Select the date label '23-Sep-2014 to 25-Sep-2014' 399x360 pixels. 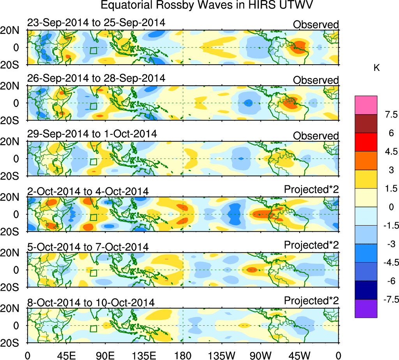point(96,23)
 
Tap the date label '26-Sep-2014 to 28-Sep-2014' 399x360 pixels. point(96,78)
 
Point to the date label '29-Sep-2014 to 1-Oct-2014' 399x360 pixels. point(92,134)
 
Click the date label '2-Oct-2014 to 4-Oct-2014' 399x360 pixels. point(88,191)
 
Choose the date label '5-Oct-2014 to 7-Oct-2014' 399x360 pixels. point(88,247)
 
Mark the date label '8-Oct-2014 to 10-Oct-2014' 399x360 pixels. point(91,303)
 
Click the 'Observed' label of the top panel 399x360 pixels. point(316,25)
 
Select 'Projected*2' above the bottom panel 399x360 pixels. point(311,301)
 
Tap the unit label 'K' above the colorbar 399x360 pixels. point(377,68)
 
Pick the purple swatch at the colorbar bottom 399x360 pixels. point(366,309)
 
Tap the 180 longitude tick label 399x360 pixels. point(183,355)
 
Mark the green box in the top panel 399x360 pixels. point(93,50)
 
